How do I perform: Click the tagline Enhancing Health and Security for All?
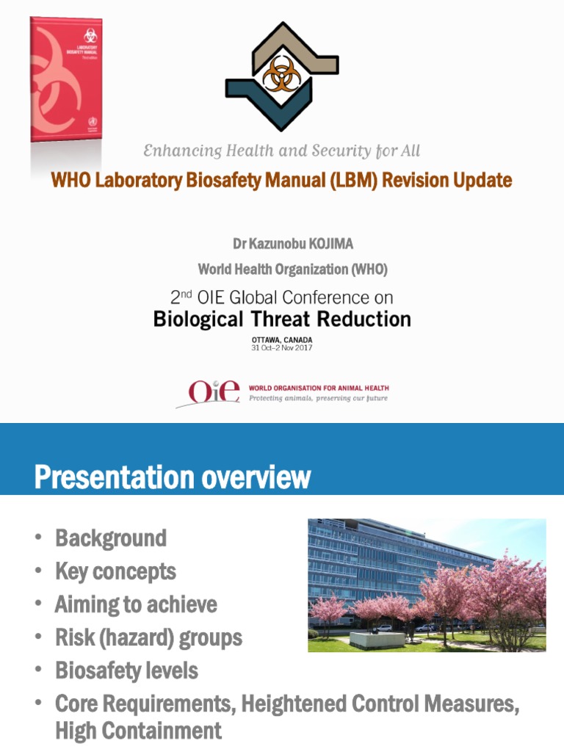pos(281,151)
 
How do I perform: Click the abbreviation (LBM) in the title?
pos(348,180)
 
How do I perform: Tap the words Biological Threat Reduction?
pos(282,319)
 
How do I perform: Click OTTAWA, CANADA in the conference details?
pos(282,339)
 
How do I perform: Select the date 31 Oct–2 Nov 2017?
pos(282,347)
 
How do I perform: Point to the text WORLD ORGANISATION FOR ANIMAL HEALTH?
pos(319,388)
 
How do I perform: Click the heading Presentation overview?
pos(173,477)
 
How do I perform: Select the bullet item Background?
pos(111,538)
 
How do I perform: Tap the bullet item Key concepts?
pos(115,571)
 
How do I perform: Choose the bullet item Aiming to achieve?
pos(136,604)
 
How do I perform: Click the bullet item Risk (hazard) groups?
pos(148,637)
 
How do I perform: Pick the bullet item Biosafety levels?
pos(126,670)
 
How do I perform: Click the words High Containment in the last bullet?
pos(138,731)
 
